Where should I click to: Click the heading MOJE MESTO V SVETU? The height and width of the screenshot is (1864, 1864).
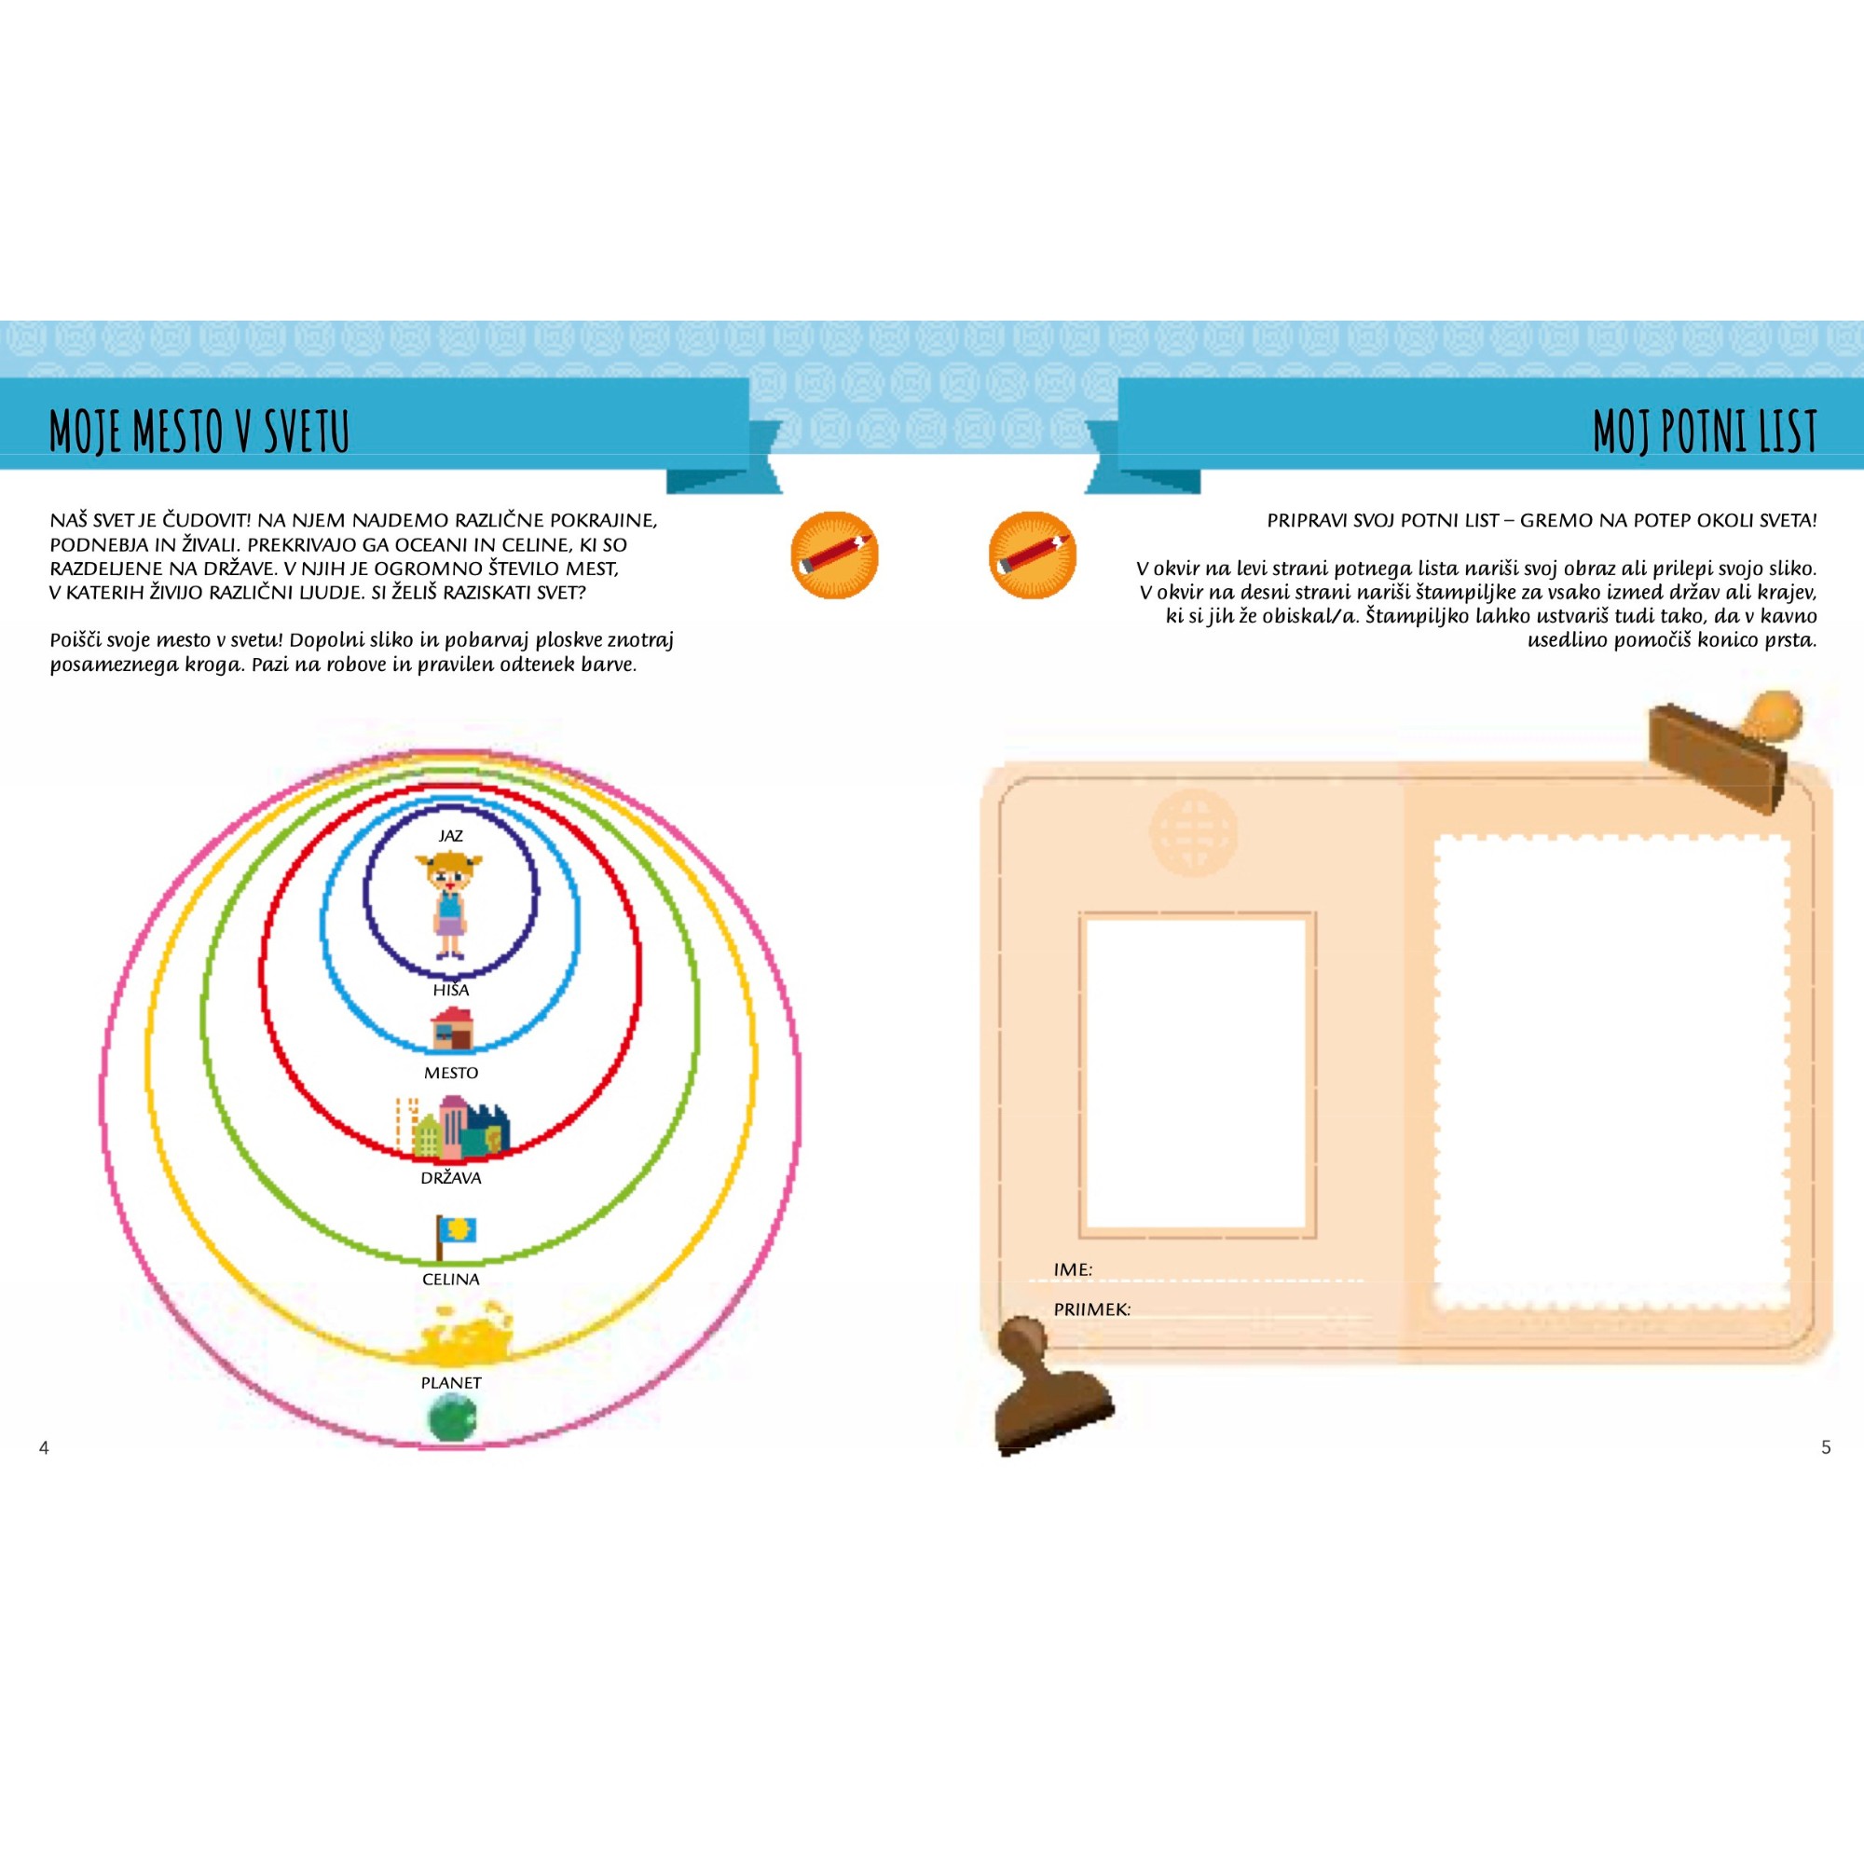(199, 431)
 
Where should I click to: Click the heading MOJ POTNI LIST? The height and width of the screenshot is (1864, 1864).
(1705, 431)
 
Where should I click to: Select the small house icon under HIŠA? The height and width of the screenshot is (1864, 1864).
(451, 1029)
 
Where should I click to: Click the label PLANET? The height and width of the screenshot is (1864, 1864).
(450, 1382)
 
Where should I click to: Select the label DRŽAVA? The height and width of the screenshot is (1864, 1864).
(450, 1177)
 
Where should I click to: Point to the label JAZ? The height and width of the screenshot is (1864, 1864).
(450, 835)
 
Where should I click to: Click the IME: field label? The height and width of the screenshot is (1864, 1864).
(1073, 1269)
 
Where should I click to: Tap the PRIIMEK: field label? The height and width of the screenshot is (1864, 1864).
(1092, 1309)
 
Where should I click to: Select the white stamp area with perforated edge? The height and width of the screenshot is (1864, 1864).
(1612, 1073)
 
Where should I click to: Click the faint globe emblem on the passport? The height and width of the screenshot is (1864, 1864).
(1194, 830)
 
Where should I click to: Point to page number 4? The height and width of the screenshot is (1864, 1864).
(44, 1447)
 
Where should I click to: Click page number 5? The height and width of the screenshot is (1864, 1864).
(1826, 1447)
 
